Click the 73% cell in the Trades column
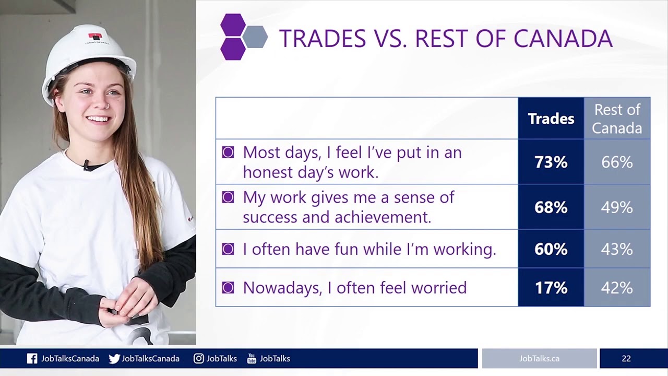tap(551, 162)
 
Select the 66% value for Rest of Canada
tap(617, 162)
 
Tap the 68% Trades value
tap(551, 207)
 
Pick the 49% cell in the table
tap(617, 207)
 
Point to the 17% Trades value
tap(551, 287)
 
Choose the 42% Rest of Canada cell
tap(617, 287)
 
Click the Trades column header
tap(551, 119)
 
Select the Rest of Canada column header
tap(617, 119)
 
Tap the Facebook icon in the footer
tap(32, 358)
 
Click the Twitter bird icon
tap(114, 358)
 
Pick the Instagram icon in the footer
tap(199, 358)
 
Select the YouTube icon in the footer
tap(252, 358)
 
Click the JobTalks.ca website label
tap(539, 358)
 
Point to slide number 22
tap(626, 358)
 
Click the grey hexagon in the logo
tap(255, 37)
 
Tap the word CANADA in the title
tap(563, 38)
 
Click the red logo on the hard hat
tap(95, 37)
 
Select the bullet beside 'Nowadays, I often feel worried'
tap(228, 288)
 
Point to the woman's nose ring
tap(107, 106)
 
